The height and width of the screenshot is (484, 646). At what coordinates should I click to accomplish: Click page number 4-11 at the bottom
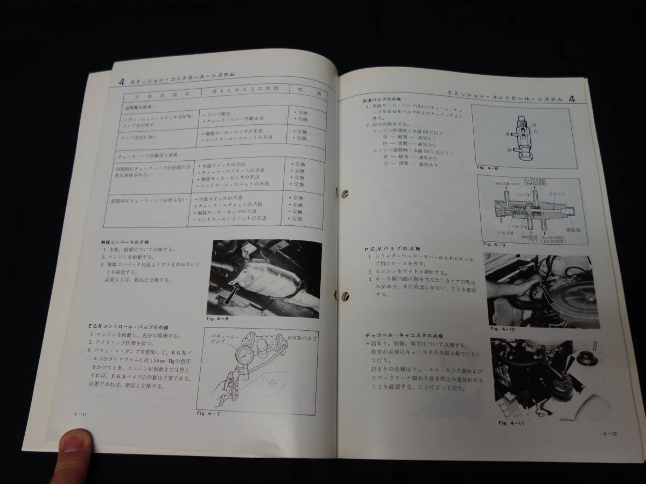pos(82,413)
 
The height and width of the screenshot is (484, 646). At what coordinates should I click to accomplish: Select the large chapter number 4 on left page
pos(121,80)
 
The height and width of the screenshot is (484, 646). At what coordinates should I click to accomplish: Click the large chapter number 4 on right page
pos(571,98)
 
